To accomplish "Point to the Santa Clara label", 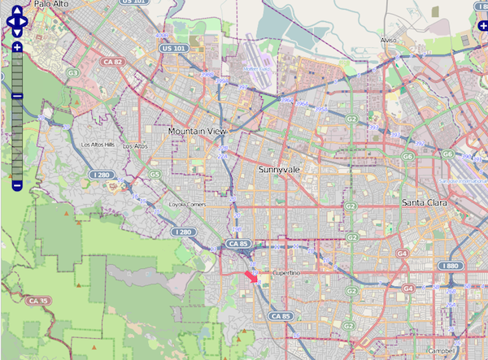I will tap(428, 202).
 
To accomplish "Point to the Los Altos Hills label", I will tap(98, 145).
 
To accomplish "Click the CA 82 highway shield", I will tap(113, 61).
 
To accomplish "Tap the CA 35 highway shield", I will tap(34, 301).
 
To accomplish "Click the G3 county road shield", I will tap(72, 72).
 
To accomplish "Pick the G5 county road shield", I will tap(155, 174).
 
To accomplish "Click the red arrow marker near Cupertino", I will tap(252, 277).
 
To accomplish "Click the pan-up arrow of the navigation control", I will tap(17, 8).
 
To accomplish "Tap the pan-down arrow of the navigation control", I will tap(17, 33).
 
